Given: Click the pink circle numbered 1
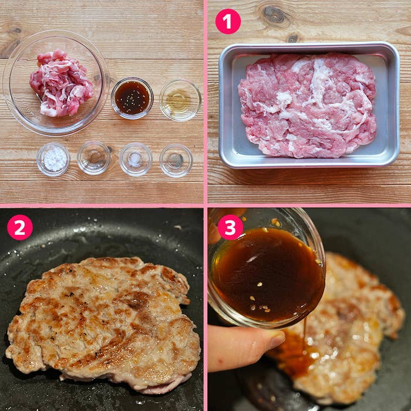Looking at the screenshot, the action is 228,22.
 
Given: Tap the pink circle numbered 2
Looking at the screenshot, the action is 20,227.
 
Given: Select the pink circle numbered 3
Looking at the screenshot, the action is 230,227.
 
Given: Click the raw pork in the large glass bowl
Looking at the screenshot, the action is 61,83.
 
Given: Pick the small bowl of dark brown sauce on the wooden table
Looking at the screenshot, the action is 132,98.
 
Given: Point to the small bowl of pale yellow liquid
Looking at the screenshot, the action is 180,100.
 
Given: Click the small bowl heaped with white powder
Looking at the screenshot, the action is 53,159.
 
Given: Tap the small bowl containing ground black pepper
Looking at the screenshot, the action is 176,160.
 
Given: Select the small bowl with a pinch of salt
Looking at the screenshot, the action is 136,159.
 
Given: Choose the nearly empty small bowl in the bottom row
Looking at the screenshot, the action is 94,158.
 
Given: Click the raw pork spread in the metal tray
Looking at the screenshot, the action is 307,105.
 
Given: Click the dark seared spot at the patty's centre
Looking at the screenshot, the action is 135,300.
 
